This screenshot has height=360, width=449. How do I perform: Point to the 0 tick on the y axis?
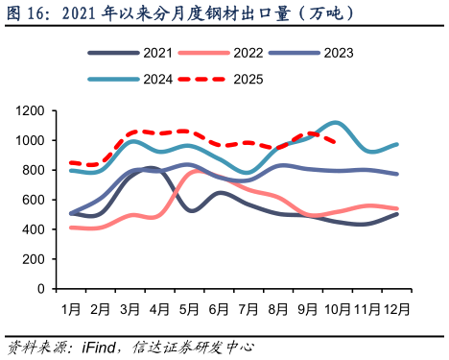point(41,289)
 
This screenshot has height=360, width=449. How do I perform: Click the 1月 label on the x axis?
point(71,310)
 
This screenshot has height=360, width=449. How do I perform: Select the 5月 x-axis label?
point(189,310)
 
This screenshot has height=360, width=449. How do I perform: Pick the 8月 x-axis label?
point(277,310)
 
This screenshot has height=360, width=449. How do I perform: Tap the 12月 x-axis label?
point(395,310)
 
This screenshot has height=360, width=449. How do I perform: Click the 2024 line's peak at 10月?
point(335,123)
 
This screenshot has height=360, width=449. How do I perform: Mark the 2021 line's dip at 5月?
point(192,210)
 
